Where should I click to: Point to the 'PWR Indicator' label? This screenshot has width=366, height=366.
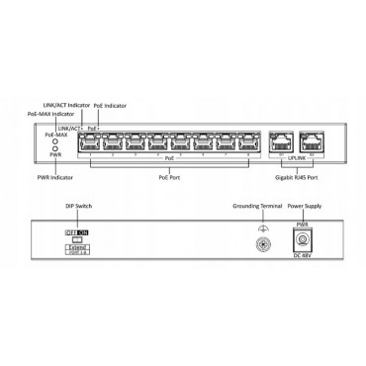[56, 177]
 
